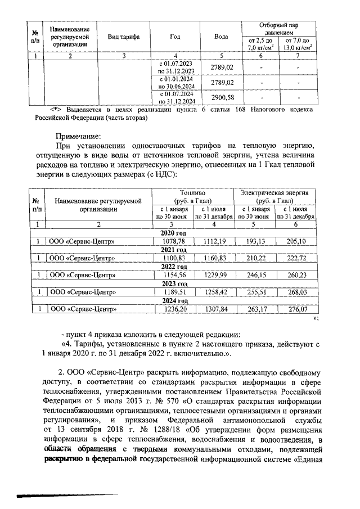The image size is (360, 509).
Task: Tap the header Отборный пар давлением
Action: point(278,28)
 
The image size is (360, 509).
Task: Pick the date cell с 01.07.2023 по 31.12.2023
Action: point(175,68)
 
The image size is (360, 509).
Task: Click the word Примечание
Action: point(78,136)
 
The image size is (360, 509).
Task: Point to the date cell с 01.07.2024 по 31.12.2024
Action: point(175,98)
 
